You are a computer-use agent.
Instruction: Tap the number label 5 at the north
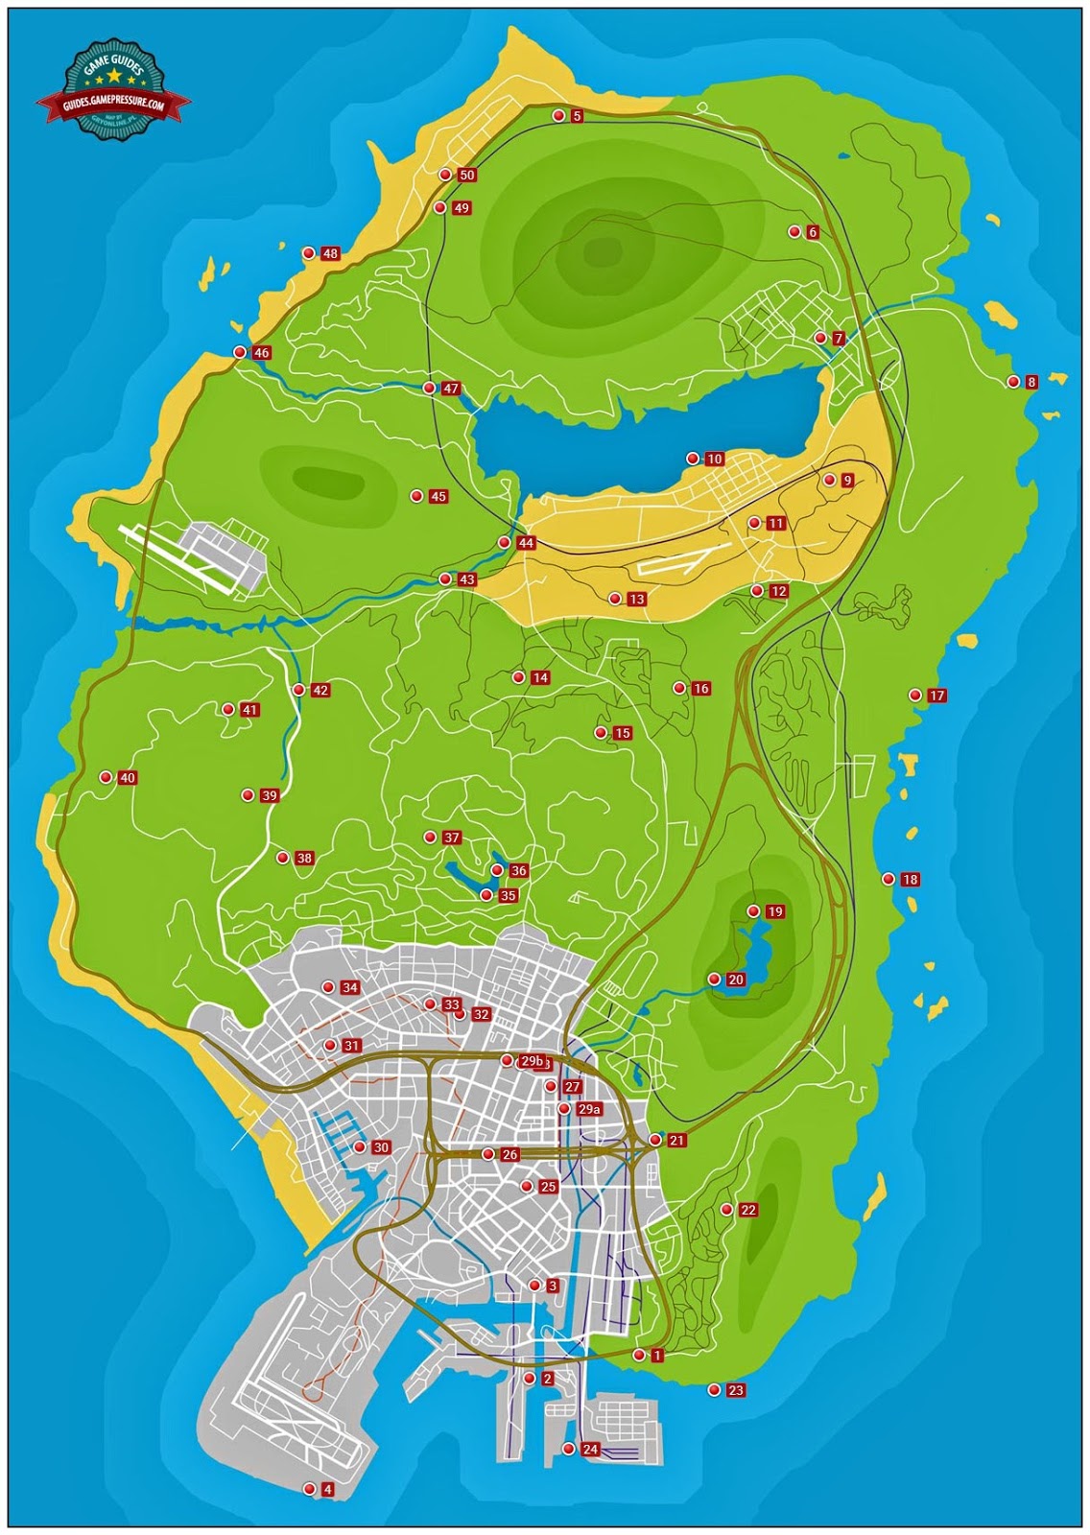coord(577,117)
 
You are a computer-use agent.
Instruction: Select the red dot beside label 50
coord(445,175)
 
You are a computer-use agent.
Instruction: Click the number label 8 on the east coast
coord(1031,383)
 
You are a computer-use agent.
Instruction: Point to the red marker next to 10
coord(692,459)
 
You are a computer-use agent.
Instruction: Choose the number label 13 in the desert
coord(636,600)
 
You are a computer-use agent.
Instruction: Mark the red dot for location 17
coord(915,696)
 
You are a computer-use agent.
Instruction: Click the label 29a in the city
coord(589,1110)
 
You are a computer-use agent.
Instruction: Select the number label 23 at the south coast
coord(736,1391)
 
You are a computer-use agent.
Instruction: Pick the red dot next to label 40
coord(106,778)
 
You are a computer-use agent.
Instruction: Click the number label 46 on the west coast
coord(261,353)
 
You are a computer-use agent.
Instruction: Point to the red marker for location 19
coord(753,911)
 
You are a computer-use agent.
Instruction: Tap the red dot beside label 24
coord(569,1449)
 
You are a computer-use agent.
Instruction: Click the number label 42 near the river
coord(320,691)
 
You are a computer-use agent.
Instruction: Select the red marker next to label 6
coord(794,231)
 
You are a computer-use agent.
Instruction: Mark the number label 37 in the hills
coord(452,838)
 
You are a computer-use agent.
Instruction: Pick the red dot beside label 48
coord(309,253)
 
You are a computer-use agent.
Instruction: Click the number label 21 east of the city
coord(676,1142)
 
